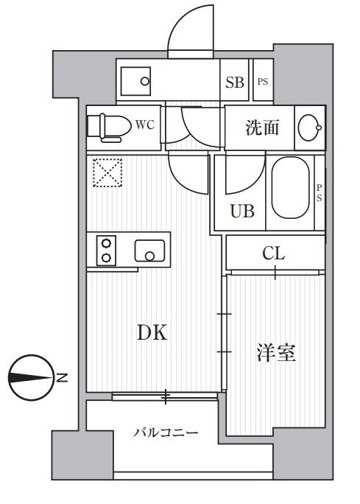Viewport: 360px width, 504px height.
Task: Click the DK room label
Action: coord(152,333)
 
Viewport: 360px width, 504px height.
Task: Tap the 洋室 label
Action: coord(276,354)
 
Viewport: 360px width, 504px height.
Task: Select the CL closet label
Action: coord(274,254)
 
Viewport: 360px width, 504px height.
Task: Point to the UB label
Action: coord(243,212)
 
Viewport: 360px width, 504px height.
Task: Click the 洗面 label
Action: coord(262,127)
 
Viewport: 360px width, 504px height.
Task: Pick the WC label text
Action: coord(144,125)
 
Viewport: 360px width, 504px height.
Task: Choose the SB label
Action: coord(235,82)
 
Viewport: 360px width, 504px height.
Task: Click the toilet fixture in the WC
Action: coord(105,125)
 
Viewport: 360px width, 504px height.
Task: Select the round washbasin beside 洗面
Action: coord(309,127)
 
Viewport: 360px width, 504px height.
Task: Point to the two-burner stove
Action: coord(106,251)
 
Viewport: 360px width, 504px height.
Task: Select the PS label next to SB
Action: coord(262,82)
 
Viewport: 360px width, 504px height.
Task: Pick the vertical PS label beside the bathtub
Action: coord(320,193)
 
